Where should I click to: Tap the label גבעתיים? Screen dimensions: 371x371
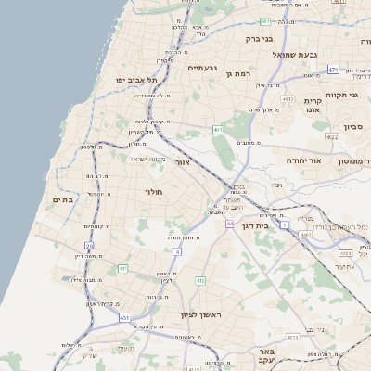tap(202, 68)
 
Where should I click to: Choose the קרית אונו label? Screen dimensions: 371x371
tap(312, 104)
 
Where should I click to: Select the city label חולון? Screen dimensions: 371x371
tap(153, 192)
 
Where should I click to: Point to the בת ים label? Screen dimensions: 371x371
tap(63, 199)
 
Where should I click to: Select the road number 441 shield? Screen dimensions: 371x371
tap(122, 269)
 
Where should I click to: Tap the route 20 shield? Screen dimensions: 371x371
tap(89, 246)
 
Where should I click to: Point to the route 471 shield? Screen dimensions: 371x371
tap(333, 70)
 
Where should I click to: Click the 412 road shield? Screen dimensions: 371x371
tap(199, 280)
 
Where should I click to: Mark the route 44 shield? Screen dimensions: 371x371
tap(229, 224)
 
